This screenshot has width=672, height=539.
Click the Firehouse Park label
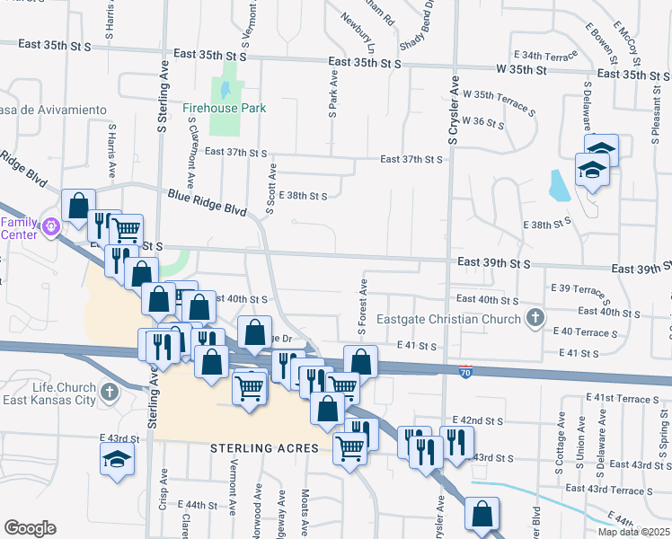[225, 108]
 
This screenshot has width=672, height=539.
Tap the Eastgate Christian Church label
[462, 319]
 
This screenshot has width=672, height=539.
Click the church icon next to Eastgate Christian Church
[535, 317]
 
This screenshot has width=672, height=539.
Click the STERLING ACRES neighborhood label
[265, 447]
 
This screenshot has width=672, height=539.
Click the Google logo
[30, 528]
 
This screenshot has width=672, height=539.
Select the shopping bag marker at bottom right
[482, 515]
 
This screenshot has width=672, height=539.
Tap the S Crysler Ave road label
[455, 117]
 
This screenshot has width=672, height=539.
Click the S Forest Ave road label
[363, 308]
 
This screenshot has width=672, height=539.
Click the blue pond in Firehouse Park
[225, 90]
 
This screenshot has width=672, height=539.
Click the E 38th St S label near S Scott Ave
[302, 195]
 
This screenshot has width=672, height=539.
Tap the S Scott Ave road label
[270, 189]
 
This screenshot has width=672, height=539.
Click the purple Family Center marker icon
[51, 226]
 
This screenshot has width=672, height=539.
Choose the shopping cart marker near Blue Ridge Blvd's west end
[127, 230]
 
